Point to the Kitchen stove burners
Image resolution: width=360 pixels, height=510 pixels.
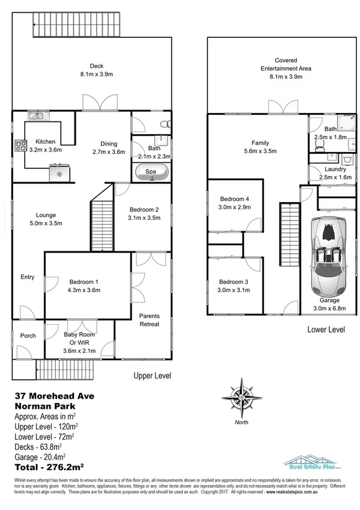point(20,144)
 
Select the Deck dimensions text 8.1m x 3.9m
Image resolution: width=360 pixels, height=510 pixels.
point(97,75)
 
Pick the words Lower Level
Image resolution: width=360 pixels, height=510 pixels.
point(325,330)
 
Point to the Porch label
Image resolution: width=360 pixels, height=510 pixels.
point(28,336)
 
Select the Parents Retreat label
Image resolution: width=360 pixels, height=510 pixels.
point(149,320)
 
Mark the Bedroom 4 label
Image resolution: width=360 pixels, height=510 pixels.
point(234,199)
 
